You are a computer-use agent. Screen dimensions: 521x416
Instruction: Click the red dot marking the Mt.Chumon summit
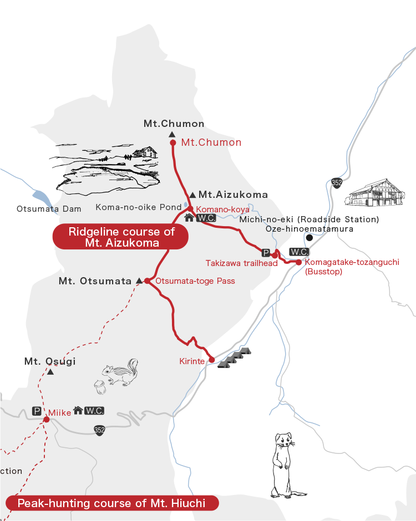pos(173,142)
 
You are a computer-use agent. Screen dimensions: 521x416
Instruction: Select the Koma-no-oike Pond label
pos(139,207)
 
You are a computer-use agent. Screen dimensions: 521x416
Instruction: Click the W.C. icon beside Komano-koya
pos(206,218)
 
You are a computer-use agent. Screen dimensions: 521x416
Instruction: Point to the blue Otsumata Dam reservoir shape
pos(40,197)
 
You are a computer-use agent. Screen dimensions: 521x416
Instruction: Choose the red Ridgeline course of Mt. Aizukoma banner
pos(121,237)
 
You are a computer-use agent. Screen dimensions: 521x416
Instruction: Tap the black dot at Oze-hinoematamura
pos(310,238)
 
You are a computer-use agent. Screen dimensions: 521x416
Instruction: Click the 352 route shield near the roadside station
pos(336,183)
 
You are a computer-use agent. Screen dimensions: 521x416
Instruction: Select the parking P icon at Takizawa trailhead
pos(266,253)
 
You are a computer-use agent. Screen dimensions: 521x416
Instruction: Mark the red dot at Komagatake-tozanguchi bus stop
pos(298,262)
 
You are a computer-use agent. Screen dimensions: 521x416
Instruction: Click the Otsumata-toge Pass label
pos(195,281)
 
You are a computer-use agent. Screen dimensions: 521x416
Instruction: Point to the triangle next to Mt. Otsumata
pos(139,281)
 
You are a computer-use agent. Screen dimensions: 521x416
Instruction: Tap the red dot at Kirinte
pos(211,360)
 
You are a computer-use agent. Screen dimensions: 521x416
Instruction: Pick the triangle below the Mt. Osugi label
pos(50,372)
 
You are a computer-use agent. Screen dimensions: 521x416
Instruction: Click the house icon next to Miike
pos(78,411)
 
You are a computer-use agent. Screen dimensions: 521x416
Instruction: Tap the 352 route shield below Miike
pos(99,430)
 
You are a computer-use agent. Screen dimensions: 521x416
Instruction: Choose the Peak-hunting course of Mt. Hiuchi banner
pos(111,503)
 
